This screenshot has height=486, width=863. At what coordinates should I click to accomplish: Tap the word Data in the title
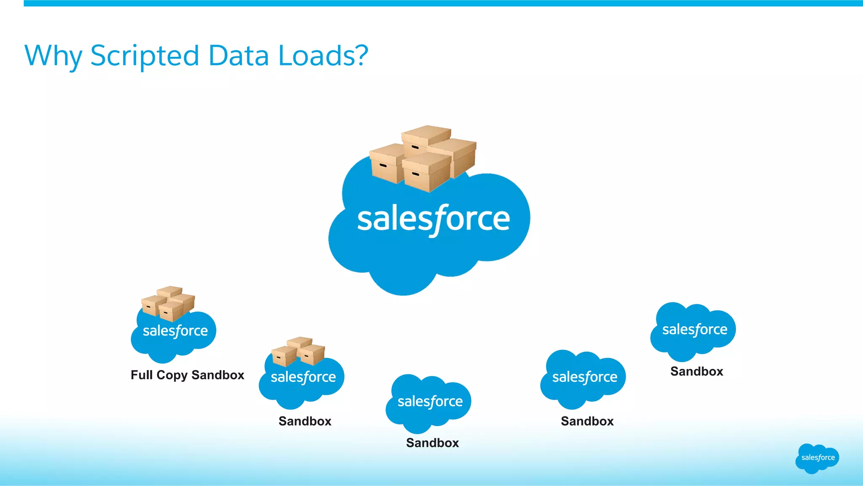[x=239, y=55]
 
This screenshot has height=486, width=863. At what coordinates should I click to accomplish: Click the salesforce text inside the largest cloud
[x=434, y=219]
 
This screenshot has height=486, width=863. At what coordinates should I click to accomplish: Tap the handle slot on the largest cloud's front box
[x=415, y=174]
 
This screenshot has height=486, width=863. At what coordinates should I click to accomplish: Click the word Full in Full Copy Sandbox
[x=142, y=375]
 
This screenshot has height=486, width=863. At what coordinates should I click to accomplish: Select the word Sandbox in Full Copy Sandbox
[x=218, y=375]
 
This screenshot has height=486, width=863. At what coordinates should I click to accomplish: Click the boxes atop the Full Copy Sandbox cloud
[x=168, y=303]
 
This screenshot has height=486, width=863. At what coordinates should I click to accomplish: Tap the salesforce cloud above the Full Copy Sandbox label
[x=174, y=335]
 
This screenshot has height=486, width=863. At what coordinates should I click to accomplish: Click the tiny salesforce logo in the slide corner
[x=817, y=458]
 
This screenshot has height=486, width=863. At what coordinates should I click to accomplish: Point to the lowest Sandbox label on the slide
[x=432, y=443]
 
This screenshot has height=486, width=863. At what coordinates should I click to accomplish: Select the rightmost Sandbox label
[x=697, y=371]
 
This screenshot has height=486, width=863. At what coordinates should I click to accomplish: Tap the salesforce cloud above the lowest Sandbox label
[x=429, y=403]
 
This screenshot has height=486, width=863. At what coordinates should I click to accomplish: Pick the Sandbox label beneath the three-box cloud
[x=305, y=421]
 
